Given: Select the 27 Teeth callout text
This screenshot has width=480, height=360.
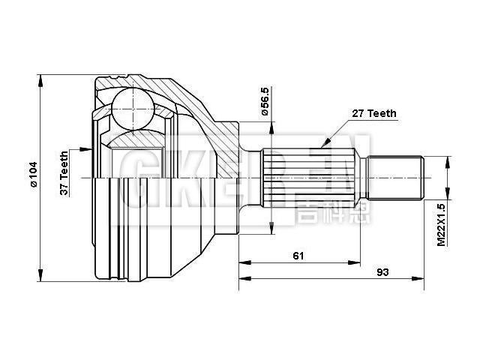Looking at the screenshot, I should pyautogui.click(x=374, y=113).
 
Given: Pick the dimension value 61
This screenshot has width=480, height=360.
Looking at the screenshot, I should pyautogui.click(x=298, y=256).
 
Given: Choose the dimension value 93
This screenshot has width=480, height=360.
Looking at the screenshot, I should pyautogui.click(x=383, y=271).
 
